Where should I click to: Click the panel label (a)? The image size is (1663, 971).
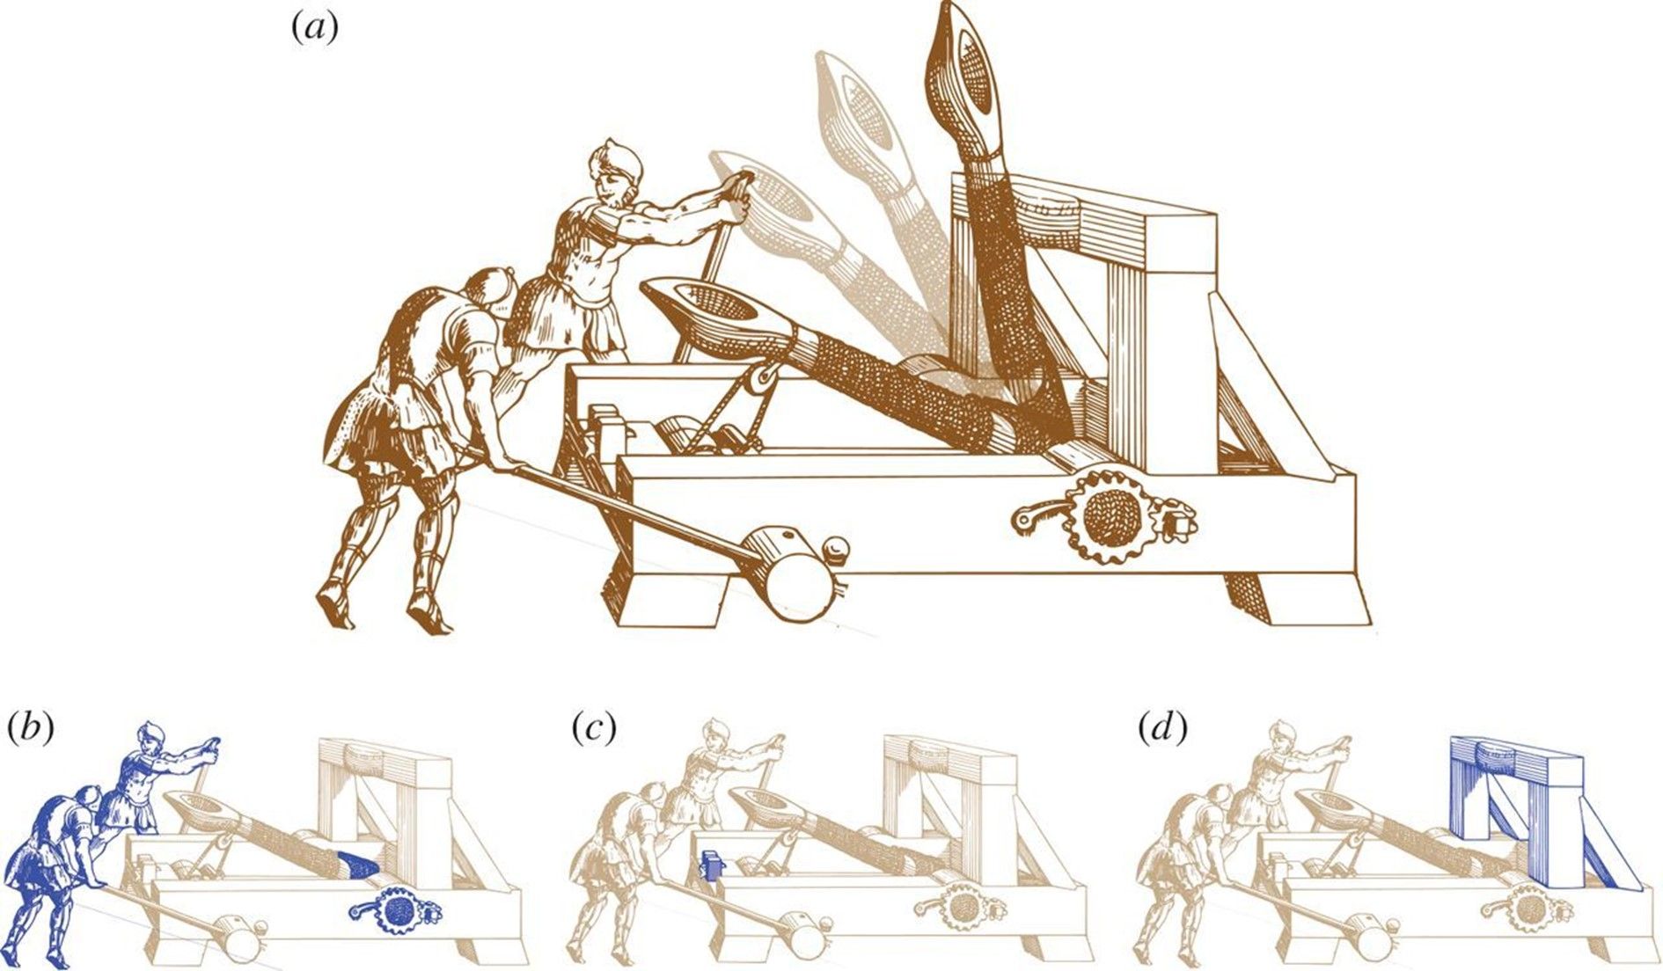click(314, 29)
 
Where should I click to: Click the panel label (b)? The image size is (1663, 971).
click(31, 728)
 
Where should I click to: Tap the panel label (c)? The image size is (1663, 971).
click(592, 728)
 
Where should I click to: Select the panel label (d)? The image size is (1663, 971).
click(1161, 728)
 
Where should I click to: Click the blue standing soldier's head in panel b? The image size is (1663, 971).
click(150, 737)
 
